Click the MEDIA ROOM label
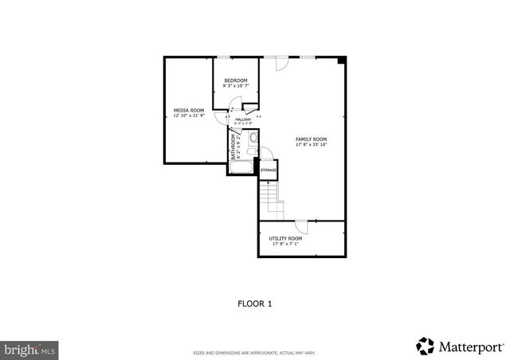tap(189, 109)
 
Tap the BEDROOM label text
tap(235, 80)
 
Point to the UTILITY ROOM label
tap(284, 238)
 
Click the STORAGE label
tap(269, 170)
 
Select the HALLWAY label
tap(243, 119)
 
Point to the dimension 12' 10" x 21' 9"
tap(189, 115)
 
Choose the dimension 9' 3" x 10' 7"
tap(235, 86)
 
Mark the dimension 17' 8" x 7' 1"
tap(284, 244)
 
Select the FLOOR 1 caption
tap(254, 303)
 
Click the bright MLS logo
tap(29, 348)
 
